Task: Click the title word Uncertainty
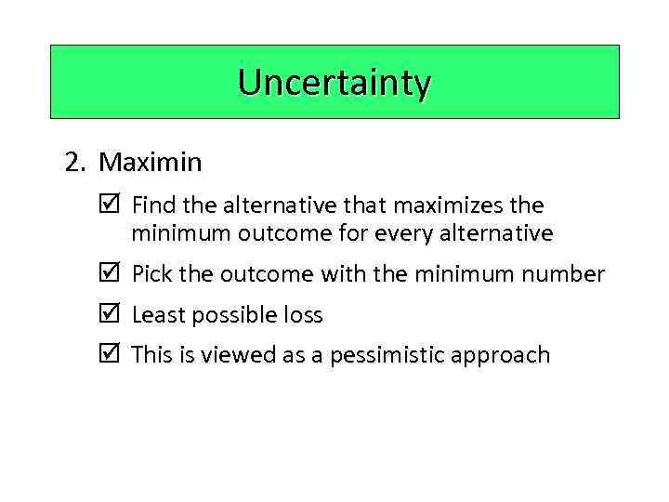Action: pyautogui.click(x=334, y=84)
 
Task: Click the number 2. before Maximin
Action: pyautogui.click(x=76, y=163)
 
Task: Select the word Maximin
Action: pyautogui.click(x=150, y=163)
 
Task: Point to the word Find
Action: pyautogui.click(x=152, y=205)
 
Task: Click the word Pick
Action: pyautogui.click(x=151, y=274)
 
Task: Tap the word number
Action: pyautogui.click(x=560, y=274)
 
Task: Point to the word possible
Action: pyautogui.click(x=231, y=315)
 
